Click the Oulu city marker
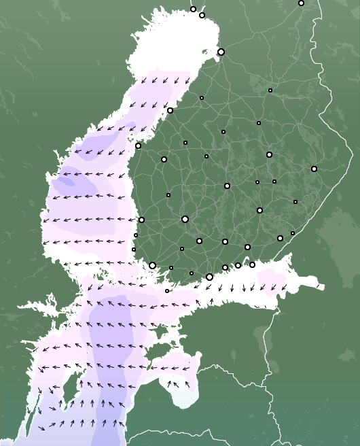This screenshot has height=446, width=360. pyautogui.click(x=221, y=52)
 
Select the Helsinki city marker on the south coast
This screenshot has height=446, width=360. pyautogui.click(x=209, y=277)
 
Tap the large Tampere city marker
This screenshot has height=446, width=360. pyautogui.click(x=185, y=219)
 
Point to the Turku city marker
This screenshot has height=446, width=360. pyautogui.click(x=153, y=265)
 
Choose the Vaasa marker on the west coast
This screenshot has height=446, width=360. pyautogui.click(x=138, y=145)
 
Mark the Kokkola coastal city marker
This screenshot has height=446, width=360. pyautogui.click(x=170, y=110)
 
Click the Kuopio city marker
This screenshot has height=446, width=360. pyautogui.click(x=269, y=155)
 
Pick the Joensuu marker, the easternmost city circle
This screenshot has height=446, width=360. pyautogui.click(x=314, y=169)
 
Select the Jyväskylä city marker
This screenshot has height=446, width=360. pyautogui.click(x=227, y=186)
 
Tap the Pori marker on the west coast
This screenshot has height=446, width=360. pyautogui.click(x=141, y=220)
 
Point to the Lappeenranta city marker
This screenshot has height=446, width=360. pyautogui.click(x=280, y=238)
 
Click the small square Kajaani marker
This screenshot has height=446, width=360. pyautogui.click(x=270, y=90)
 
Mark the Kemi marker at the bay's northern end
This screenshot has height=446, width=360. pyautogui.click(x=202, y=15)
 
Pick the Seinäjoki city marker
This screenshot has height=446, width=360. pyautogui.click(x=164, y=159)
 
